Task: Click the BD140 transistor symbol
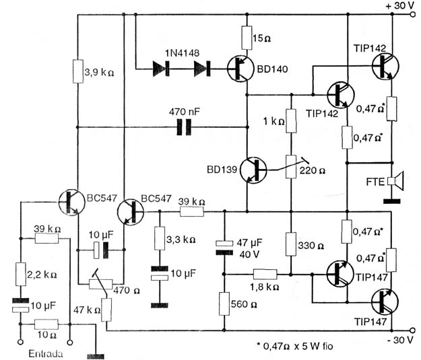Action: pyautogui.click(x=240, y=69)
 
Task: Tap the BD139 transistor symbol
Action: pyautogui.click(x=253, y=170)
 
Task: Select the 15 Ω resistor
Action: pyautogui.click(x=247, y=38)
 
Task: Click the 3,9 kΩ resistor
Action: pyautogui.click(x=78, y=71)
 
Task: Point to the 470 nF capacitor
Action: pyautogui.click(x=184, y=127)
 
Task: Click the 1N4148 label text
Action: pyautogui.click(x=183, y=53)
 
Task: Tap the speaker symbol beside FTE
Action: pyautogui.click(x=397, y=181)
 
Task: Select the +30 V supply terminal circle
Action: pyautogui.click(x=414, y=15)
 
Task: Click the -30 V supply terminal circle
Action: pyautogui.click(x=413, y=330)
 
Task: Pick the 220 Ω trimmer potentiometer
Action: pyautogui.click(x=291, y=167)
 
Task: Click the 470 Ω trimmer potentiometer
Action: pyautogui.click(x=100, y=284)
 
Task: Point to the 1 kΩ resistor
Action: pyautogui.click(x=291, y=121)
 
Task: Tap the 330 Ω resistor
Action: pyautogui.click(x=291, y=244)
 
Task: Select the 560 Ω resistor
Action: pyautogui.click(x=224, y=303)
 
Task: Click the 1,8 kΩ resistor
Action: pyautogui.click(x=265, y=275)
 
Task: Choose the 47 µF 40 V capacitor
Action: pyautogui.click(x=224, y=248)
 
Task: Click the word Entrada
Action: pyautogui.click(x=46, y=353)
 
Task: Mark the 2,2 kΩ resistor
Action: pyautogui.click(x=20, y=274)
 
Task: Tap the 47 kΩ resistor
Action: pyautogui.click(x=106, y=310)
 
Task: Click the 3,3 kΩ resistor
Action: pyautogui.click(x=160, y=238)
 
